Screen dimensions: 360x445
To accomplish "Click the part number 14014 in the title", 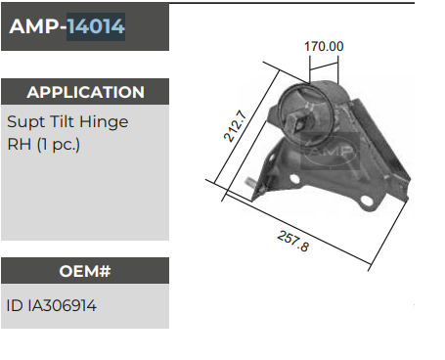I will click(x=96, y=27).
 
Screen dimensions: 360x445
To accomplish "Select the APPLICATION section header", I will click(x=85, y=93).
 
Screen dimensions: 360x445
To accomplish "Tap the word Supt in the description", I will click(x=26, y=122).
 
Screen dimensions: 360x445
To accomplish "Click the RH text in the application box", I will click(x=18, y=145).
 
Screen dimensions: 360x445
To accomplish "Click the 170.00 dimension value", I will click(x=324, y=46).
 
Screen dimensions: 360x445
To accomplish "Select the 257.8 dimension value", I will click(x=291, y=240).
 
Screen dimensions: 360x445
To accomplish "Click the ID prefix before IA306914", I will click(x=14, y=305).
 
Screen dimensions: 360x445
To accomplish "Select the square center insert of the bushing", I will click(x=295, y=110).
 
